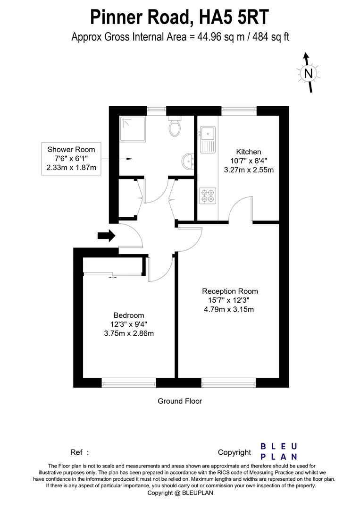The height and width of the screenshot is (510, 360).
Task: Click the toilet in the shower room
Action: [175, 126]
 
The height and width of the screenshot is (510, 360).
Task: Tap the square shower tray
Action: [132, 129]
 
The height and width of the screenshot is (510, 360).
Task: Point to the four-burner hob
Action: [208, 196]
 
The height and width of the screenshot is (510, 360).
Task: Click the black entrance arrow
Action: [106, 235]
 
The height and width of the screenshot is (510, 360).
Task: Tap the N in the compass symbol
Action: [308, 73]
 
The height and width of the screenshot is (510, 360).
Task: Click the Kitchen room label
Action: [249, 152]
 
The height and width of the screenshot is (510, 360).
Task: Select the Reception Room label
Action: [230, 291]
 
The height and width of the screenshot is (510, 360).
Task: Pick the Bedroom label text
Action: [129, 315]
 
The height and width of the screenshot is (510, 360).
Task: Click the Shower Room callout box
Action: [71, 159]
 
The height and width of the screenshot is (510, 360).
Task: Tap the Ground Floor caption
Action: [180, 401]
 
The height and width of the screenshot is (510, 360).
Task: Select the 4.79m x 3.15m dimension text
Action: [230, 310]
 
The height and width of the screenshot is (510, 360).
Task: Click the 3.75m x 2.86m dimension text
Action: [129, 333]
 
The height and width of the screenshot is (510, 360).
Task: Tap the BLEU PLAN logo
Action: [279, 451]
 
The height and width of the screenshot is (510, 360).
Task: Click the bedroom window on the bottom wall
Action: [129, 382]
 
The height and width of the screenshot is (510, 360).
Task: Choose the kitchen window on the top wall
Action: [239, 110]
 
